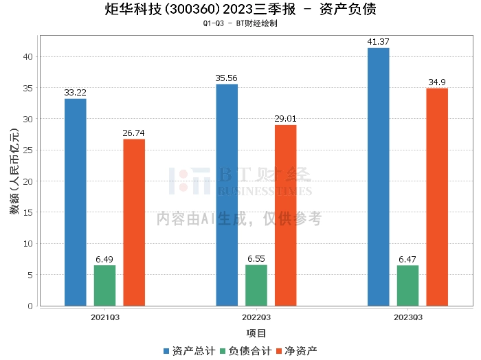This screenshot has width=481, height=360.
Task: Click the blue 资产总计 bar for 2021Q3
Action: click(x=76, y=203)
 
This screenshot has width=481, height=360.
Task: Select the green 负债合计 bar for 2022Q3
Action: click(x=256, y=286)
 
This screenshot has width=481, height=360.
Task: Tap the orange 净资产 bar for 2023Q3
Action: click(x=437, y=197)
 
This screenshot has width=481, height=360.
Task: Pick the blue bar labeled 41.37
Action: click(x=379, y=177)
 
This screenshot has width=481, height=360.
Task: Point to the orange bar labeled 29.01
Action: click(x=286, y=216)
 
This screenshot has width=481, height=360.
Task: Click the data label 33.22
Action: click(x=75, y=93)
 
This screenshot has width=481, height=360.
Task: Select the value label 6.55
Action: click(x=256, y=259)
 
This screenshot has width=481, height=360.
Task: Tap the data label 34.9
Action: click(x=437, y=82)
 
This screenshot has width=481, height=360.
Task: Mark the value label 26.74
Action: click(x=133, y=133)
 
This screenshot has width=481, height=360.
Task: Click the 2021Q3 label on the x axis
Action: click(x=105, y=317)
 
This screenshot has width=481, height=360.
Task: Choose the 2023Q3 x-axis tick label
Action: click(x=408, y=317)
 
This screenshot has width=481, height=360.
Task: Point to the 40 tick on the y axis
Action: click(x=28, y=57)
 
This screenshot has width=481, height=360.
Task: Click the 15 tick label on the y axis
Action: click(x=28, y=212)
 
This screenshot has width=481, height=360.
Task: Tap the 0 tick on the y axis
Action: click(x=30, y=306)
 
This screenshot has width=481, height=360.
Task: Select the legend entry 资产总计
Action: click(x=189, y=351)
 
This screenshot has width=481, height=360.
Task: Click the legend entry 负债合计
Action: click(x=246, y=351)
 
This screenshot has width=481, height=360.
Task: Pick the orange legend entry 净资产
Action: click(x=296, y=351)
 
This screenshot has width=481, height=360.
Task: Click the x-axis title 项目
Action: click(x=256, y=333)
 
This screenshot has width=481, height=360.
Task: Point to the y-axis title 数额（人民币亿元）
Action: click(x=14, y=172)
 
